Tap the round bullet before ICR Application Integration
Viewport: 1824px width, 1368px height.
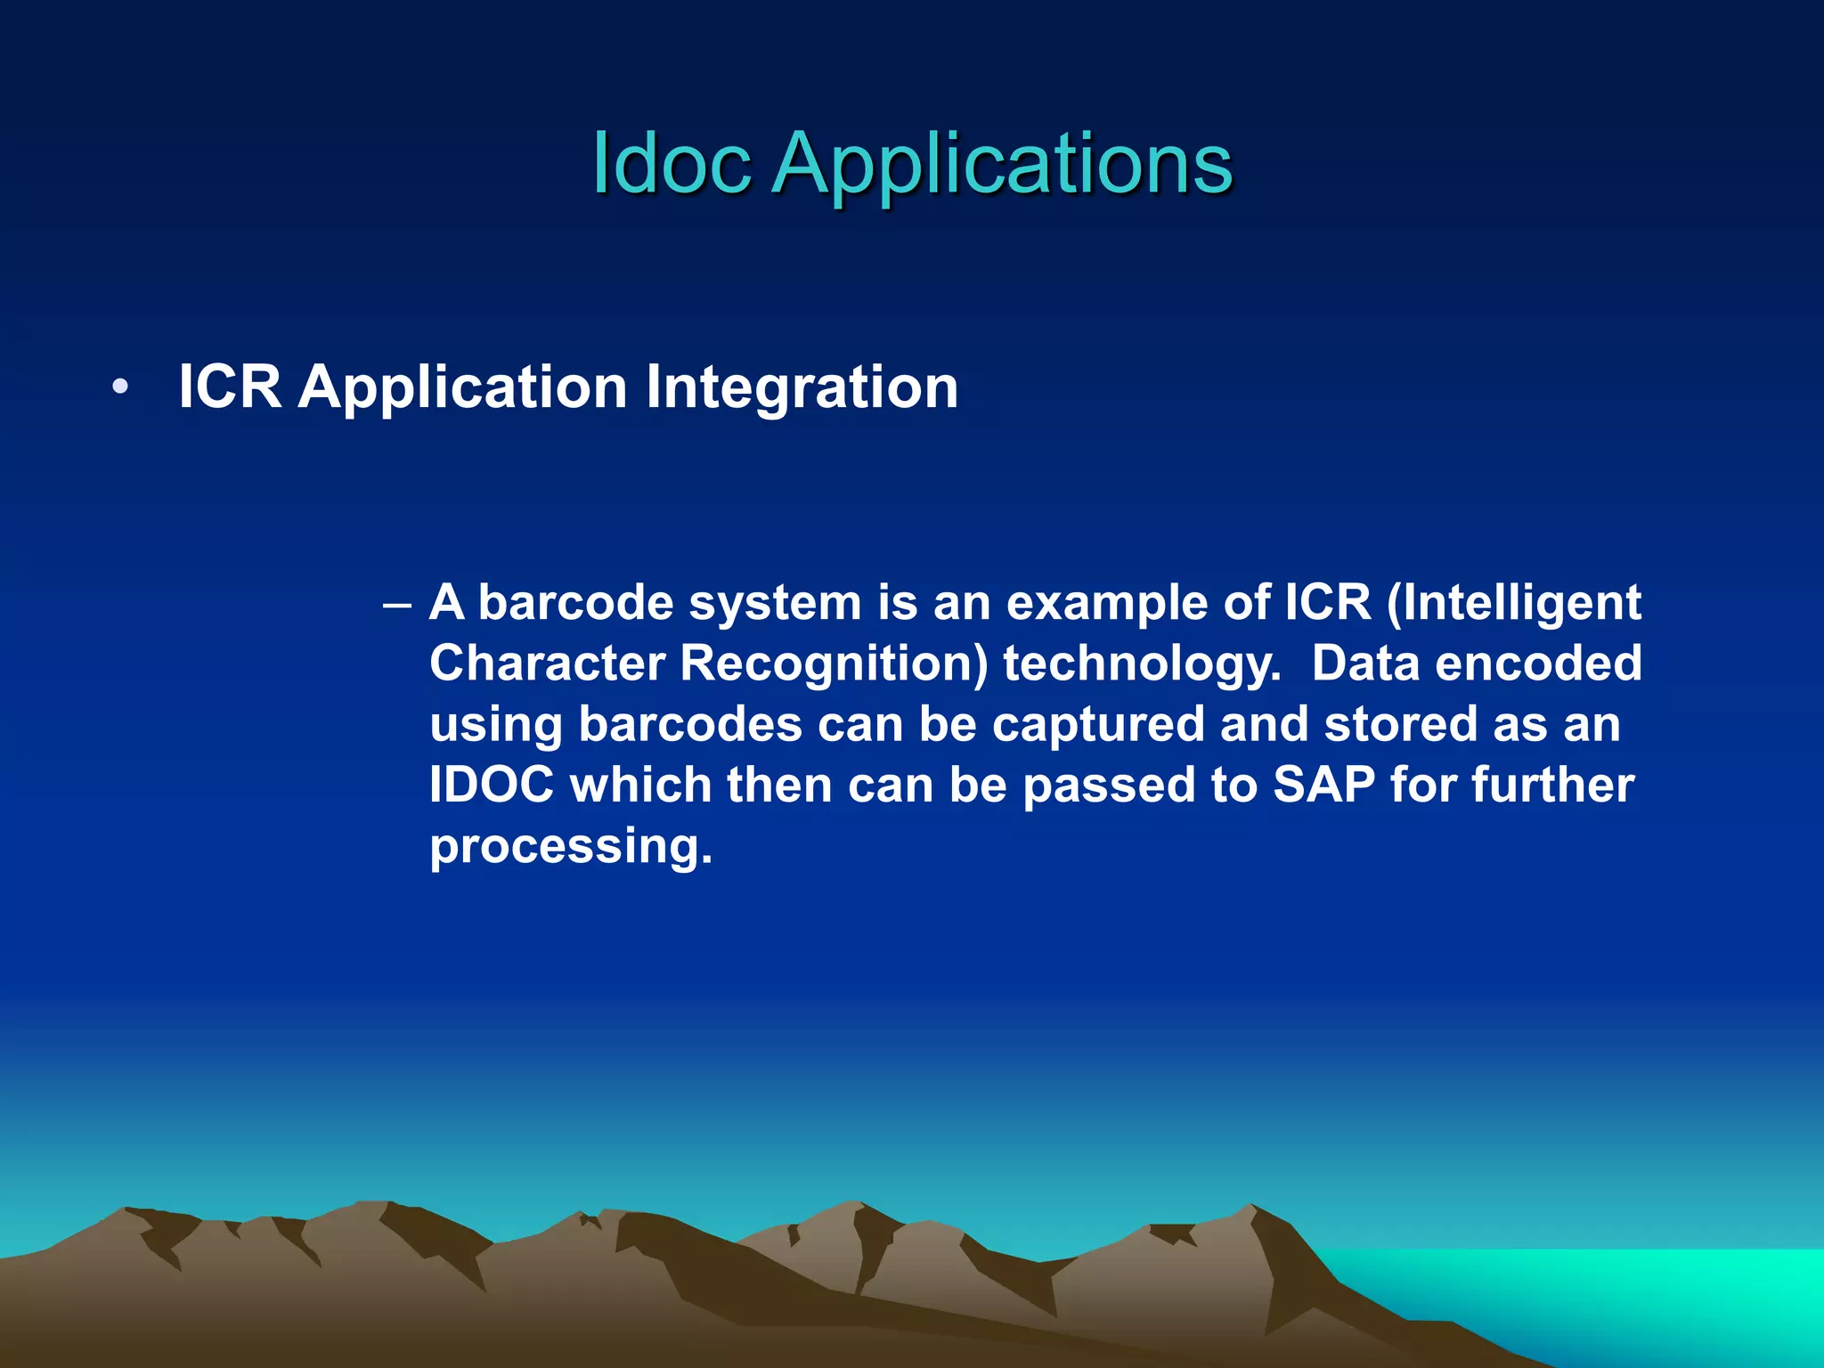[120, 388]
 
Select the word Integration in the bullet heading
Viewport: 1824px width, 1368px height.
[802, 387]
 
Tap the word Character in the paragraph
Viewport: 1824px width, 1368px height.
[547, 664]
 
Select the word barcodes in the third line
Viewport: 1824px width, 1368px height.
[690, 724]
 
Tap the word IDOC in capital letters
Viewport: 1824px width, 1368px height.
[492, 785]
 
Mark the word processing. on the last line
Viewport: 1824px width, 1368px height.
[571, 847]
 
